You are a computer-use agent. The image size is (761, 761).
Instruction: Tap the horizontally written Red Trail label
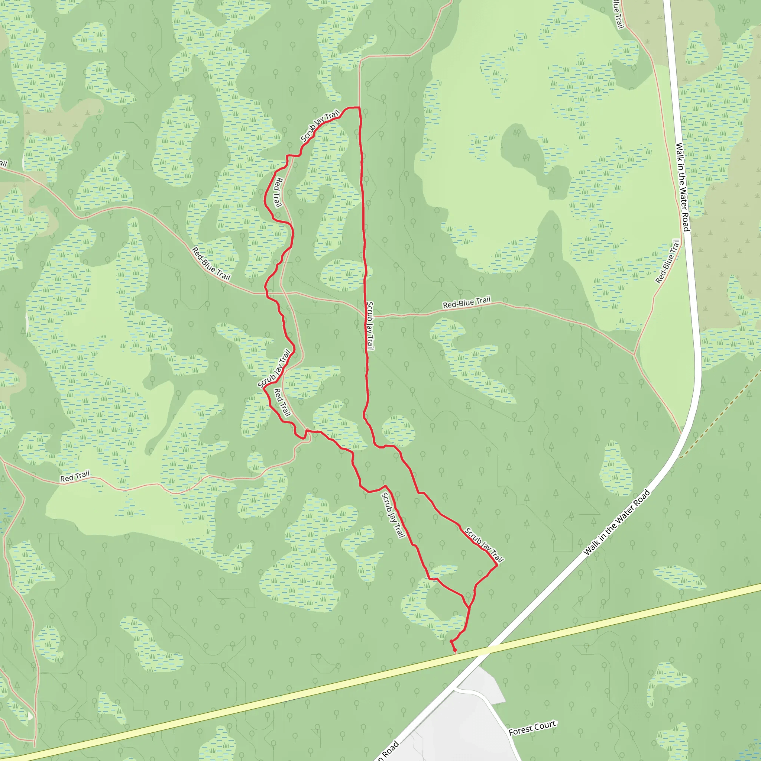(x=75, y=476)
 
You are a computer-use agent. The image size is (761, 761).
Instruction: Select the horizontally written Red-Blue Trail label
(x=467, y=302)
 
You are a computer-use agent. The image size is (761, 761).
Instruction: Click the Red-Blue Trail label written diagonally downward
(x=211, y=263)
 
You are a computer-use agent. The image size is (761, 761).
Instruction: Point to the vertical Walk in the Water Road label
(x=682, y=187)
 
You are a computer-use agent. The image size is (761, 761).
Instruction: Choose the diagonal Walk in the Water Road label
(x=616, y=522)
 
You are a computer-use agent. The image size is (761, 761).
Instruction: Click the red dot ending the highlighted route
(x=454, y=650)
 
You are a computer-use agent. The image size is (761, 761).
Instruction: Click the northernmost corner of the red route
(x=359, y=107)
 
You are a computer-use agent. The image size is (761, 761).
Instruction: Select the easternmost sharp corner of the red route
(x=498, y=566)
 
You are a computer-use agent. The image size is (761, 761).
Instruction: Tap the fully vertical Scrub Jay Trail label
(x=369, y=326)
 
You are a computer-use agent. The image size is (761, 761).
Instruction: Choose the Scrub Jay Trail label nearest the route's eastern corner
(x=484, y=545)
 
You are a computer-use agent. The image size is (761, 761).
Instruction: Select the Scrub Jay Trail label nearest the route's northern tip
(x=320, y=126)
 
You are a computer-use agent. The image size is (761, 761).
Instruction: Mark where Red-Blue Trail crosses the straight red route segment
(x=365, y=315)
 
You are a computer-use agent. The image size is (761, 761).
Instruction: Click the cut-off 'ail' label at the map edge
(x=3, y=163)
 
